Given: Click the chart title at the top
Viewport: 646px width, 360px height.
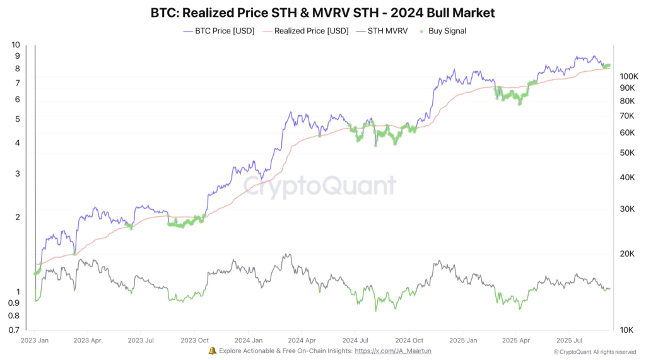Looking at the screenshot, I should (322, 12).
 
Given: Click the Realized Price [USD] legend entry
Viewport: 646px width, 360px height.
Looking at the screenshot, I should (306, 30).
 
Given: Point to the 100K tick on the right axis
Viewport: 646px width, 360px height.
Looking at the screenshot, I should (629, 76).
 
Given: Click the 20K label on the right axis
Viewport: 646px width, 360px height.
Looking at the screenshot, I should (628, 253).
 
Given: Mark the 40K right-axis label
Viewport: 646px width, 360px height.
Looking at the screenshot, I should (628, 177).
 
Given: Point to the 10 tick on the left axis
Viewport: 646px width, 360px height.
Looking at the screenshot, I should (16, 45).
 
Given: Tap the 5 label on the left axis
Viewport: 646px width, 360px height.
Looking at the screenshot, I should (17, 119).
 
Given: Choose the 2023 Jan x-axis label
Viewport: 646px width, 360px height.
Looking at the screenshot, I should (35, 340).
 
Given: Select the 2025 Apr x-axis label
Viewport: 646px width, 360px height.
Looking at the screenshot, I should (515, 340).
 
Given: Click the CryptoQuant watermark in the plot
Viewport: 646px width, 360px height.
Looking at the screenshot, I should (320, 186).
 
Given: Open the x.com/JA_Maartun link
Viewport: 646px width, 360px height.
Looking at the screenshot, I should (393, 351).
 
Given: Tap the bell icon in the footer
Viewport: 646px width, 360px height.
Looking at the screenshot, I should (212, 351).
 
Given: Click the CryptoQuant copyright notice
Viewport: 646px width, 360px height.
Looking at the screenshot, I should (594, 352).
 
